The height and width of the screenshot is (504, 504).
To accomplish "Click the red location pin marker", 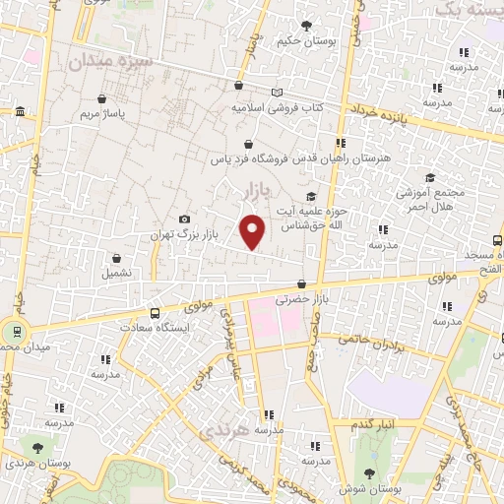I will point(253,230).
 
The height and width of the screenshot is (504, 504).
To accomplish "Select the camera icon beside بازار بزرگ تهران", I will point(184,219).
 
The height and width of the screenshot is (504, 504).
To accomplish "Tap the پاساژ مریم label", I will point(102,115).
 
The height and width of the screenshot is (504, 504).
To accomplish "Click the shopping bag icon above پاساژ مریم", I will point(103,98).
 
